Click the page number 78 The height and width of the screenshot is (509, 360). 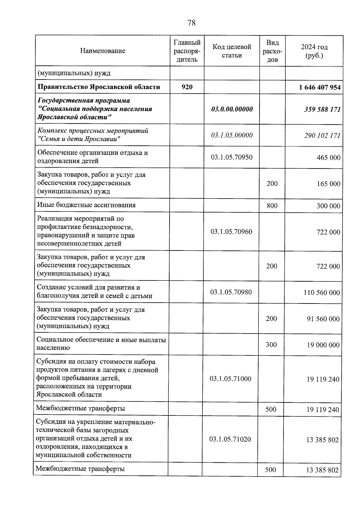[191, 23]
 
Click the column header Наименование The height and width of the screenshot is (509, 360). [103, 51]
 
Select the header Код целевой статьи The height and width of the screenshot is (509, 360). [232, 51]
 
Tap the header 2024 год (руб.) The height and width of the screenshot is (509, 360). [314, 51]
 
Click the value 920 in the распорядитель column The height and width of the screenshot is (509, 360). [187, 87]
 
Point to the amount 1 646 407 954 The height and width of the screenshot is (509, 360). [320, 87]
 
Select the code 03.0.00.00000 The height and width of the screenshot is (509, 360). [232, 109]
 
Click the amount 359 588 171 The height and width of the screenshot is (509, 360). [322, 109]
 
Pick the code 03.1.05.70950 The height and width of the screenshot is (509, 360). [232, 157]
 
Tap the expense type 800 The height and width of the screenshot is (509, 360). [272, 205]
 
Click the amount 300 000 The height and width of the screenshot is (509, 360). [328, 206]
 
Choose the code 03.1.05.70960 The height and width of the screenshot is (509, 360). [231, 232]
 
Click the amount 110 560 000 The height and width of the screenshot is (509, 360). [322, 292]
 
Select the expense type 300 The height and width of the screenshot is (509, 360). [271, 345]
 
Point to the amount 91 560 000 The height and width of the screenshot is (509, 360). [323, 319]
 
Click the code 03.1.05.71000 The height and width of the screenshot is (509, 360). [230, 379]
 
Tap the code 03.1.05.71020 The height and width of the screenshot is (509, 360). [230, 439]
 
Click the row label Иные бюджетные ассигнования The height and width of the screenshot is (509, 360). [86, 205]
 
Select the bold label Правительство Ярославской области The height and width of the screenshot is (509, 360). [99, 87]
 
